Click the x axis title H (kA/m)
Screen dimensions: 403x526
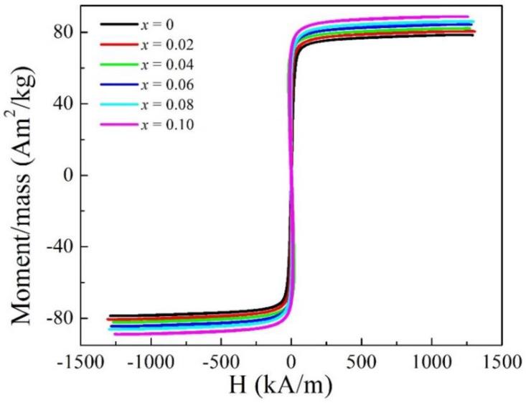pyautogui.click(x=291, y=384)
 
